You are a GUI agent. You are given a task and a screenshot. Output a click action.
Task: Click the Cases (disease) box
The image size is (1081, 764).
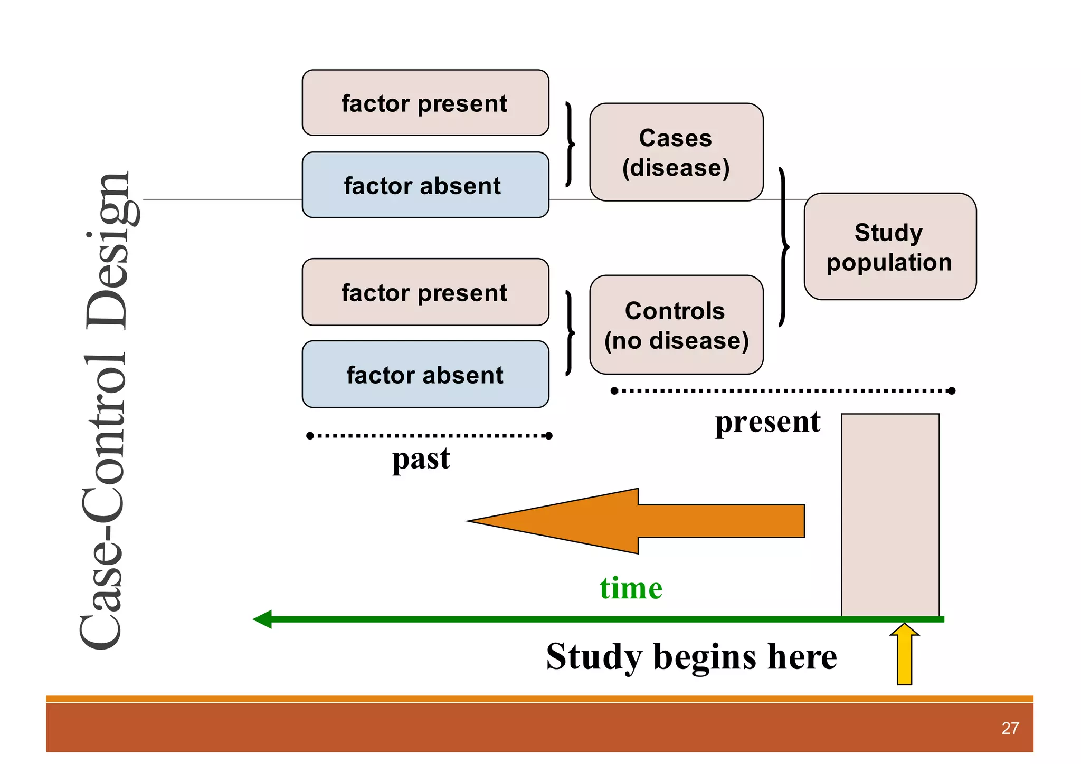coord(676,152)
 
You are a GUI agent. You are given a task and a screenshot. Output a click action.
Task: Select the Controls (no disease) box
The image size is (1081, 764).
coord(676,324)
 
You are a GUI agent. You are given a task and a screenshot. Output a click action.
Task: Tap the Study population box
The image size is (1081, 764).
coord(890,246)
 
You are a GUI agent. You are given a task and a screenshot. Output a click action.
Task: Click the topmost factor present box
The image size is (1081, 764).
coord(425,103)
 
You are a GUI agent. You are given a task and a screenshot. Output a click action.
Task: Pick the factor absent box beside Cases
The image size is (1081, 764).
coord(425,185)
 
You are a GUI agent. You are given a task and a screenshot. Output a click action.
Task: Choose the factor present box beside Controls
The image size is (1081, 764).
coord(425,292)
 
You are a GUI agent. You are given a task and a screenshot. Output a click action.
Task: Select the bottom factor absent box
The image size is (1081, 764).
coord(425,375)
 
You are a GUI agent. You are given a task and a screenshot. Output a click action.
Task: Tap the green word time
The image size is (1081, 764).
coord(631,588)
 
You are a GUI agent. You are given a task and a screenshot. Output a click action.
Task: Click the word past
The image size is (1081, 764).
coord(421,459)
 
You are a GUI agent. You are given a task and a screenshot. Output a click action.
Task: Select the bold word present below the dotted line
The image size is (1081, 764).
coord(767,422)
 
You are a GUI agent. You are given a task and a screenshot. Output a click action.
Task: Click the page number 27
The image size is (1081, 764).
coord(1010,728)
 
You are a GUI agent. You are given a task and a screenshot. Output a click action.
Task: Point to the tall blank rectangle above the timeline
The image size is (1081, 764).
coord(890,514)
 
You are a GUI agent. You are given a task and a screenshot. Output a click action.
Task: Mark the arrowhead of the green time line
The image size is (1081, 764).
coord(262,619)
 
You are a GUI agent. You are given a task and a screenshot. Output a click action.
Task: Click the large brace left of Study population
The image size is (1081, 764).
coord(784,247)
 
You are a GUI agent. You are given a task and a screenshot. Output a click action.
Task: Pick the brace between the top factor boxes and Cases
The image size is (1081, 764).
coord(570,144)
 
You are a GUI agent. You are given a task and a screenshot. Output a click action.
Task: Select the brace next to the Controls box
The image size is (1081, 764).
coord(570,332)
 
